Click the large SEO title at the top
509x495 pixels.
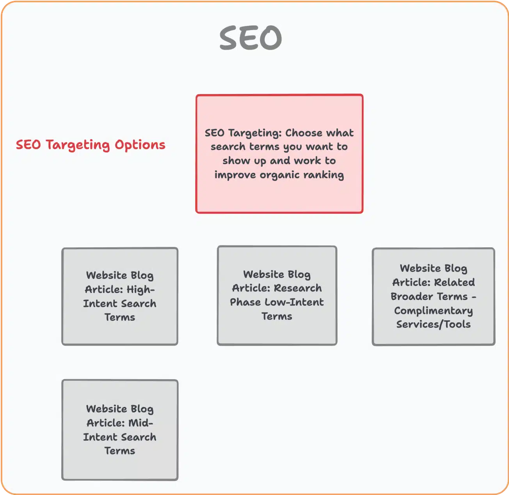251,38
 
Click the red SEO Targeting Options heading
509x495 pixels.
91,145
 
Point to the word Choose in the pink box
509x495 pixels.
303,133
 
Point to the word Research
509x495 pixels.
298,288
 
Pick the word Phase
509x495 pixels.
245,302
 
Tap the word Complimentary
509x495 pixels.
433,310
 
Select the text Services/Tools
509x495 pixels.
433,325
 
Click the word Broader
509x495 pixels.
410,296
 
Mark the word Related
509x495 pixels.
454,282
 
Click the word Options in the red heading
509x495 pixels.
140,145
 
